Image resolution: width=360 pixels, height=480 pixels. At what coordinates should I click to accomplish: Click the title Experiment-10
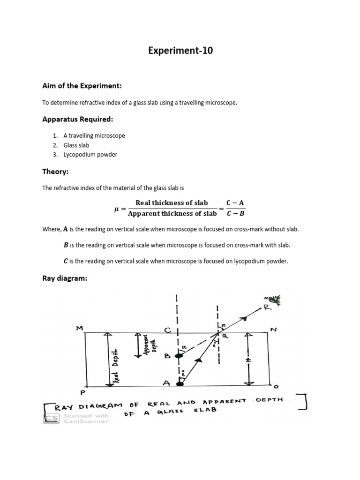tap(180, 51)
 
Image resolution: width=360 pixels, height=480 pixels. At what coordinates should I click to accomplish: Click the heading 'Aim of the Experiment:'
tap(82, 86)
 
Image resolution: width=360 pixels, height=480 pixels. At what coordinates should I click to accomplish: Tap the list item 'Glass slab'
tap(76, 145)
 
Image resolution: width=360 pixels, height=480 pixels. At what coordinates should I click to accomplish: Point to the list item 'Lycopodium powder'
tap(90, 154)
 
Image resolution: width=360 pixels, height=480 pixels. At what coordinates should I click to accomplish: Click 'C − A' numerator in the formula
tap(235, 203)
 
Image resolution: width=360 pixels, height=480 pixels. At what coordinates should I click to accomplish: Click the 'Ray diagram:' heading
tap(65, 278)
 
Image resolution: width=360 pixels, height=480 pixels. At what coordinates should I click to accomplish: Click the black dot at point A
tap(179, 383)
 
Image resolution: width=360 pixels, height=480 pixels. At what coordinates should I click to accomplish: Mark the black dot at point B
tap(179, 356)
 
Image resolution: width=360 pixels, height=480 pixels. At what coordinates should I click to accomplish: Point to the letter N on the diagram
tap(274, 329)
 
